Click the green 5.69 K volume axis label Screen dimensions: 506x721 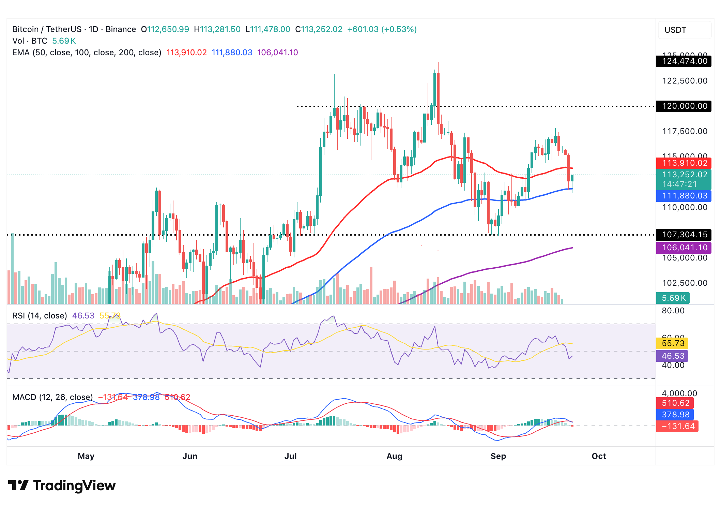(673, 298)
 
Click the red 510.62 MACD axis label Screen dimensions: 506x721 (675, 403)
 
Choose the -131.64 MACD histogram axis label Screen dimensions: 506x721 (677, 426)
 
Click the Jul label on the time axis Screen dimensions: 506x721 (291, 456)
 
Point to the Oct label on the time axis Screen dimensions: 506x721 (599, 456)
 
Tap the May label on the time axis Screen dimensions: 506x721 (86, 456)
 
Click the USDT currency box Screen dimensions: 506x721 (684, 30)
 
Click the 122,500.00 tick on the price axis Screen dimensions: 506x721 (685, 81)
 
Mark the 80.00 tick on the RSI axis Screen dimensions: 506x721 (673, 311)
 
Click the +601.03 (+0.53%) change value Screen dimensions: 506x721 (382, 29)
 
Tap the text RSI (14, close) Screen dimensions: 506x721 (40, 316)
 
